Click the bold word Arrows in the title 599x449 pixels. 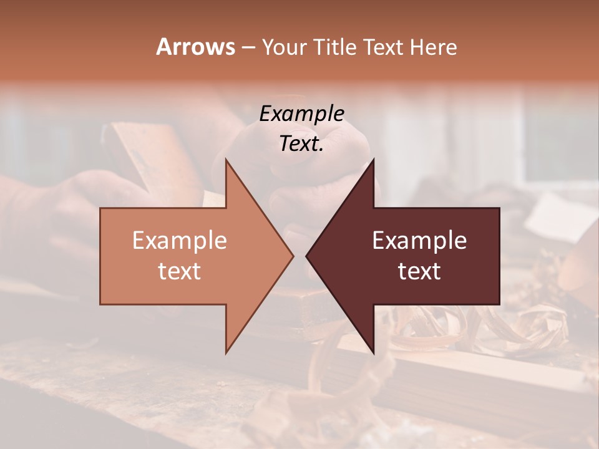coord(195,47)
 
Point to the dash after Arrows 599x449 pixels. coord(248,48)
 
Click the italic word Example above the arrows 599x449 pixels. coord(302,114)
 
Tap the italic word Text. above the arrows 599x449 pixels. coord(302,144)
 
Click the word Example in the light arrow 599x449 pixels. coord(180,241)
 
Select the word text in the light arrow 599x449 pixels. coord(180,271)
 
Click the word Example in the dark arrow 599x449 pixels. coord(419,241)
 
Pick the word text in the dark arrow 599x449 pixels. coord(419,271)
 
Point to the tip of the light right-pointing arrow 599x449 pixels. coord(294,256)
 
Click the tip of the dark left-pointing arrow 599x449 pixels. coord(306,256)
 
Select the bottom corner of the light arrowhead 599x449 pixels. coord(226,354)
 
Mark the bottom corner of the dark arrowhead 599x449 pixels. coord(374,354)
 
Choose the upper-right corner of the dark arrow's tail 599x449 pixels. coord(499,208)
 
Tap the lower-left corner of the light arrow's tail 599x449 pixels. coord(100,304)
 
